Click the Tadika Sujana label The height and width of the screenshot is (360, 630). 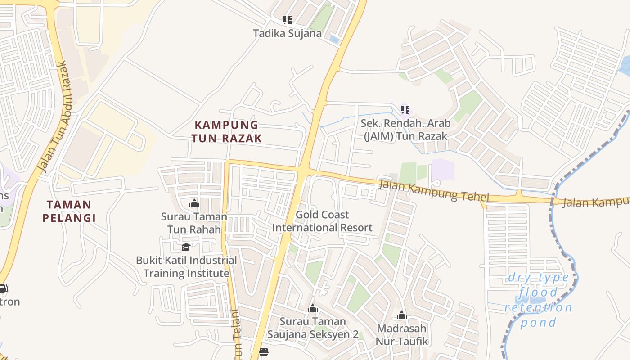coord(287,33)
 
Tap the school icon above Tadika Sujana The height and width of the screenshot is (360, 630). coord(287,20)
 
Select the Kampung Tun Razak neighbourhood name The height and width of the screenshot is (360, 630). coord(226,131)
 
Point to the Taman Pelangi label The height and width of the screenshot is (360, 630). coord(69,211)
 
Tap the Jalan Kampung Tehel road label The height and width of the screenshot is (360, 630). coord(433,190)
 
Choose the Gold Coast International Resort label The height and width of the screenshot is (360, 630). coord(322,221)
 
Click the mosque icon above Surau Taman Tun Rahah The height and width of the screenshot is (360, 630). coord(194,204)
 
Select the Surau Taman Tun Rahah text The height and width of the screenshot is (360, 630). coord(194,223)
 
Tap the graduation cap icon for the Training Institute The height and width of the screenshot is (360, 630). coord(186,247)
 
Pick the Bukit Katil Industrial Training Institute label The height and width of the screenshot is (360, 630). coord(186,267)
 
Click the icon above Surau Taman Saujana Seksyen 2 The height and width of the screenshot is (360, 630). coord(313,309)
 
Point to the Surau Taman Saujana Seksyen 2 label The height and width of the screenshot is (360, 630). coord(313,328)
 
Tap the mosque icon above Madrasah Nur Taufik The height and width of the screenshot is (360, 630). coord(402,315)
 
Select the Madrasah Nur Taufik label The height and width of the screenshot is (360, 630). coord(402,335)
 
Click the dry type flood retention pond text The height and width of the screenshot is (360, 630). coord(538,300)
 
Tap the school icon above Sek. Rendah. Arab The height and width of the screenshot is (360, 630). coord(405,110)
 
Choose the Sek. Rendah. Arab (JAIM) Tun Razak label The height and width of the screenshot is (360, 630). coord(405,130)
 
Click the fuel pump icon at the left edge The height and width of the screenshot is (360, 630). coord(3,288)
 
